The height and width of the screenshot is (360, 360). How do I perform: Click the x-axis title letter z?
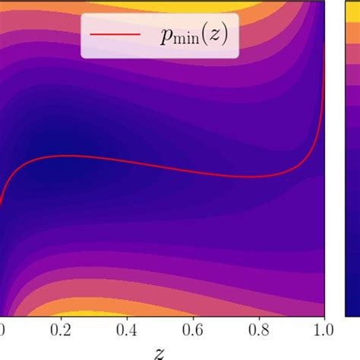[159, 352]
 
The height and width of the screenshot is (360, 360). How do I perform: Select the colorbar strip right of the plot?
[352, 152]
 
